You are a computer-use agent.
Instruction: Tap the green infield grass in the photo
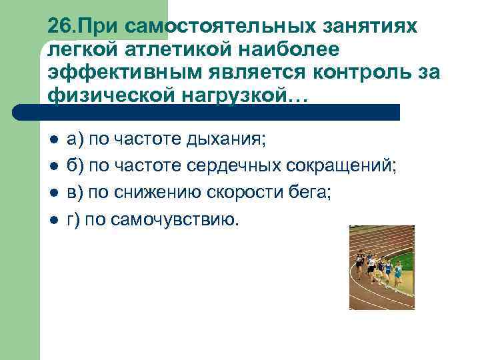[x=404, y=257]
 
